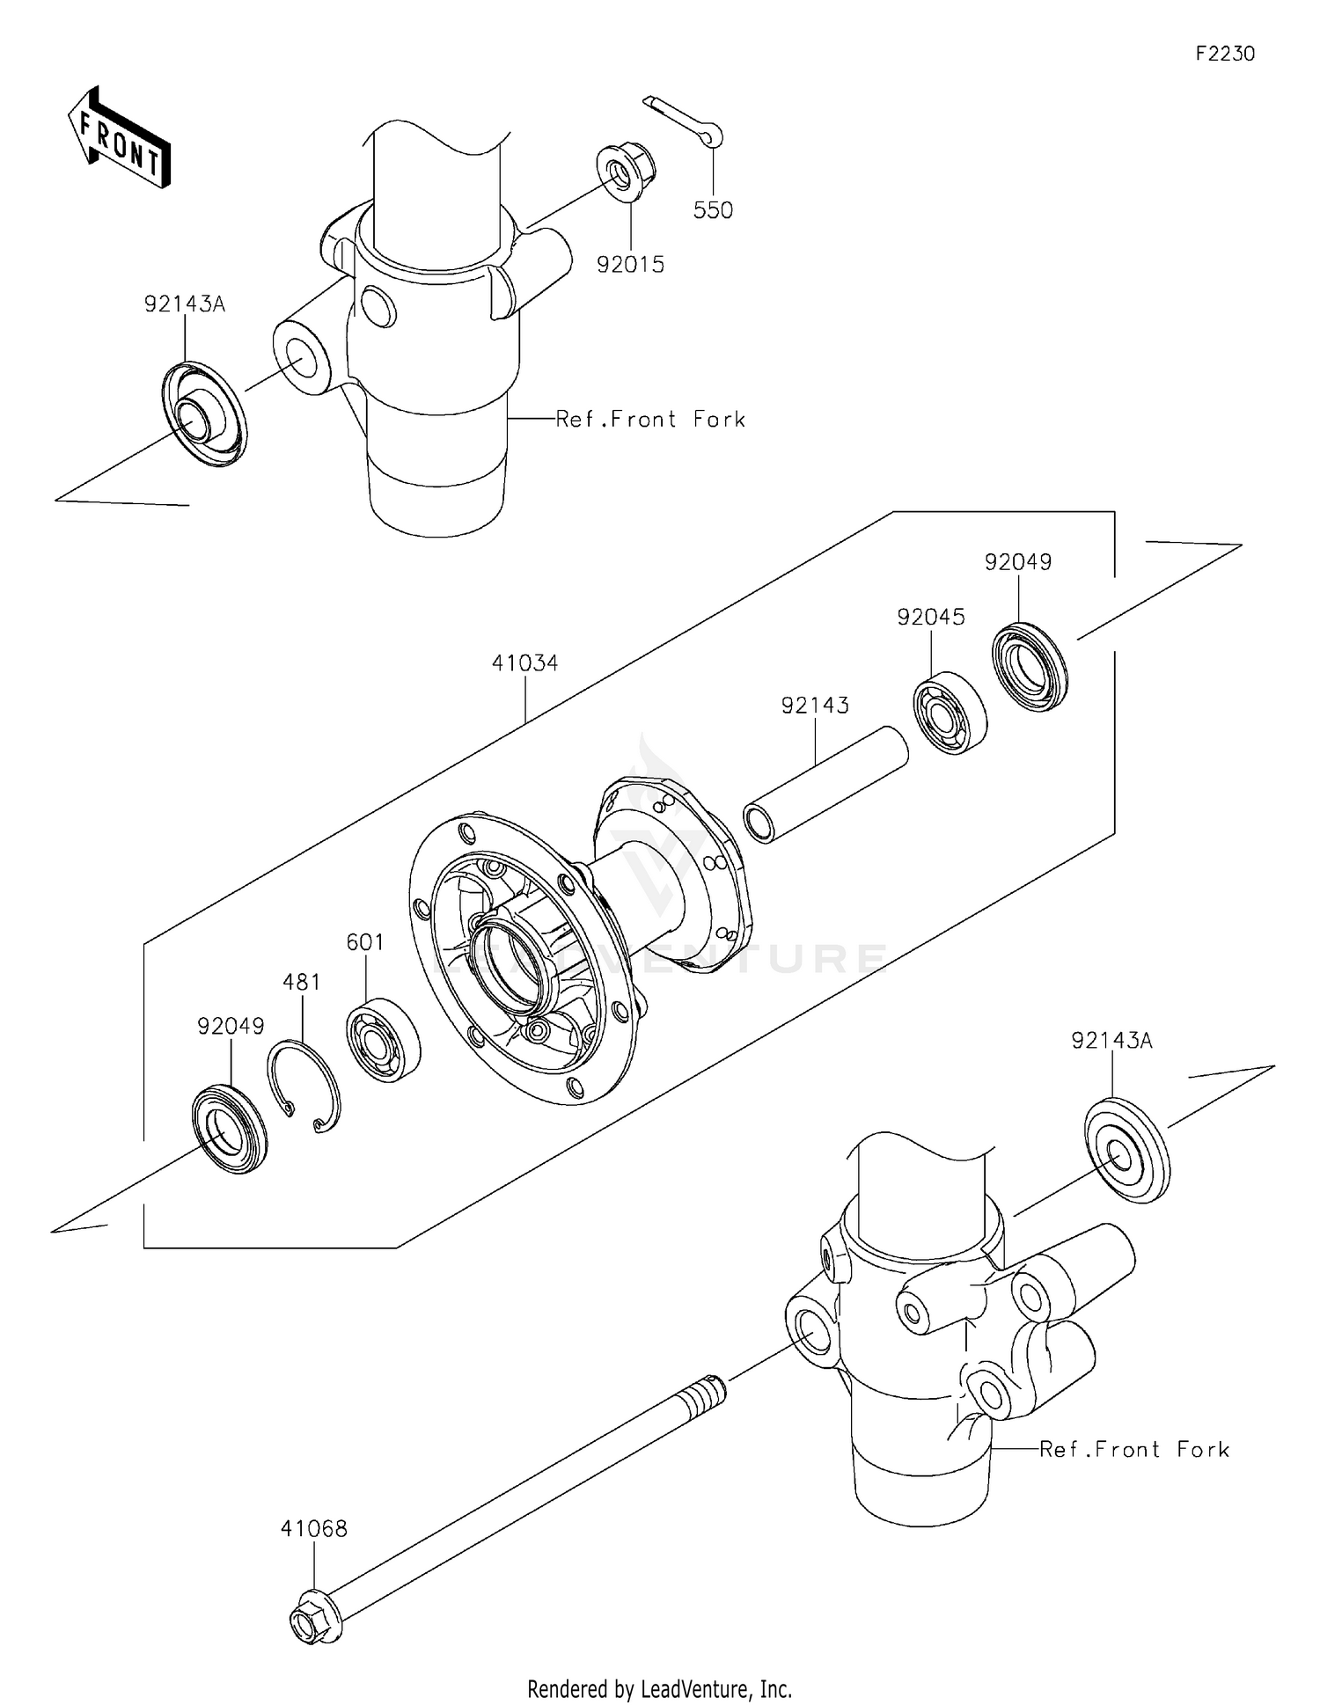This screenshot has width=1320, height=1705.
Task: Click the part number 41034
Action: pos(524,662)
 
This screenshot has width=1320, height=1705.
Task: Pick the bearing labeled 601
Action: pos(384,1039)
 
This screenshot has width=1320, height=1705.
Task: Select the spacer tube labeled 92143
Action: pos(825,784)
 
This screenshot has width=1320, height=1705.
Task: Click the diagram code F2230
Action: pos(1224,54)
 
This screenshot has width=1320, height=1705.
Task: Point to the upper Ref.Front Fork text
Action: pos(650,420)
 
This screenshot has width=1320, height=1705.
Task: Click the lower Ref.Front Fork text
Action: pos(1133,1449)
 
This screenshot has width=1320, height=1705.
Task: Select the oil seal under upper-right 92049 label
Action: pos(1029,665)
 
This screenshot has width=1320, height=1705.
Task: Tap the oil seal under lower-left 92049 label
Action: pos(230,1130)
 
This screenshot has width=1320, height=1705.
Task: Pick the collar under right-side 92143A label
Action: pos(1126,1150)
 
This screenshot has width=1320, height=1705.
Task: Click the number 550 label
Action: pos(713,210)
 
